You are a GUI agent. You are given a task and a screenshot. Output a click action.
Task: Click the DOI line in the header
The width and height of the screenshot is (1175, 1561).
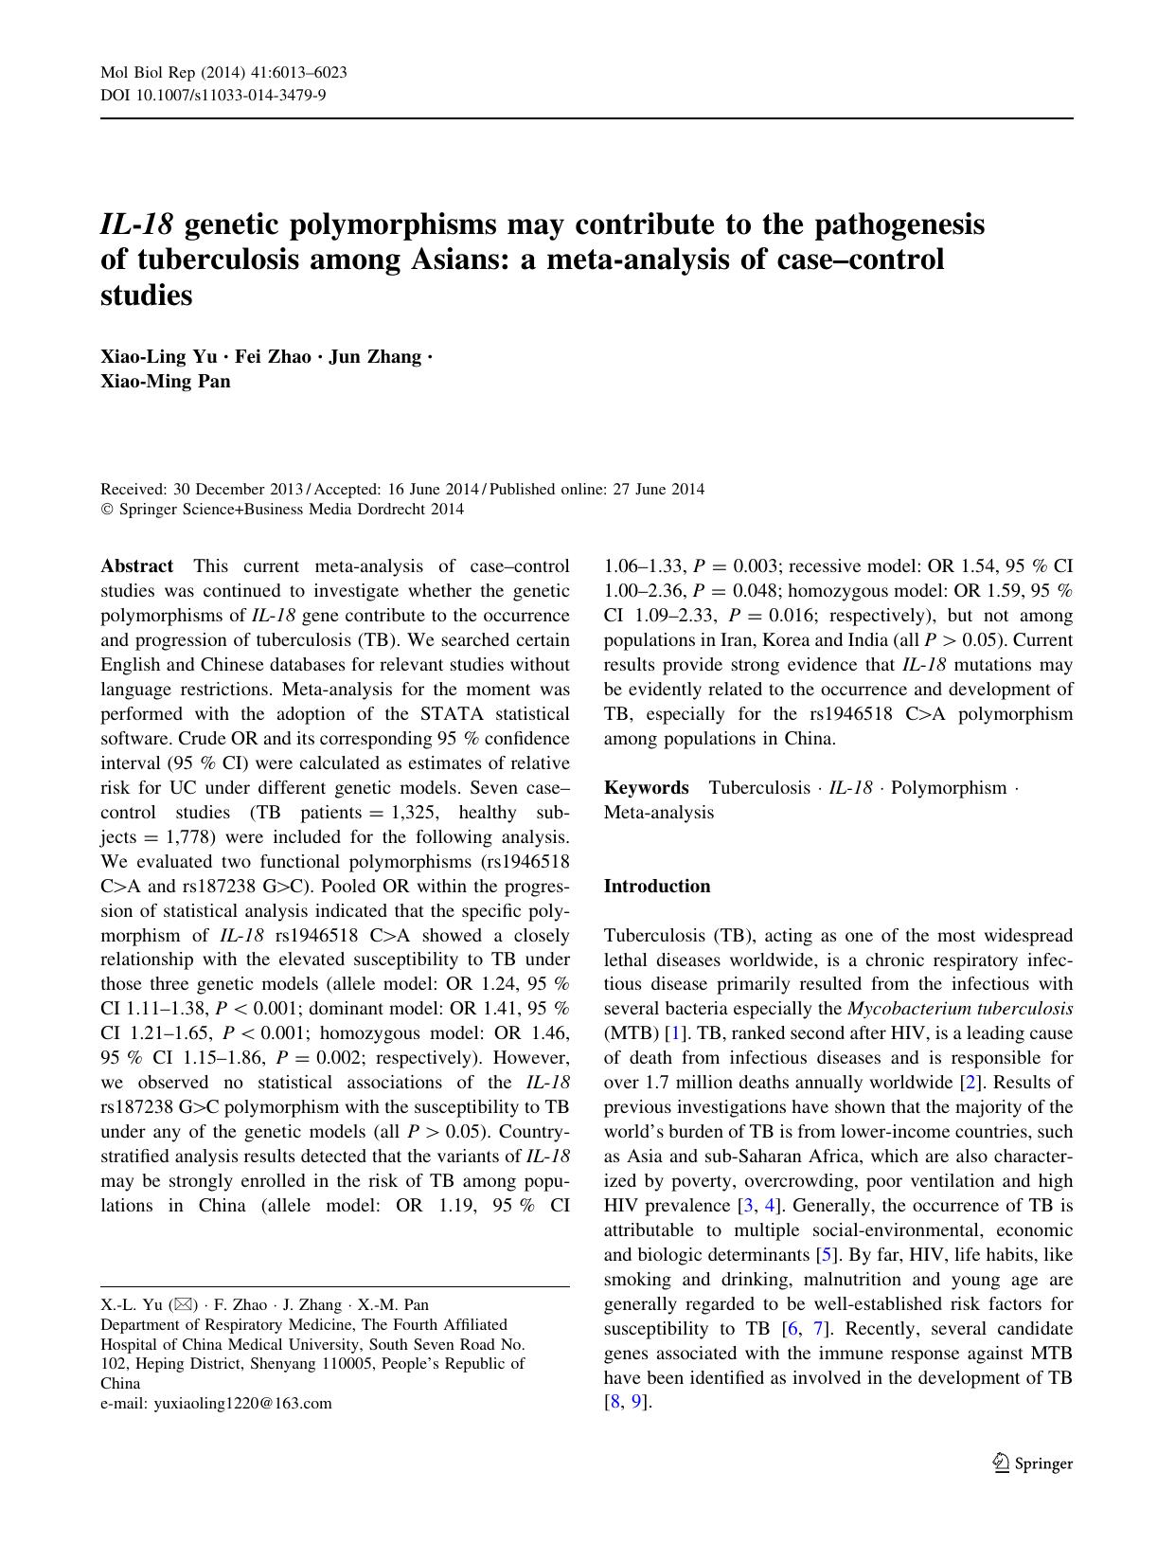click(x=213, y=95)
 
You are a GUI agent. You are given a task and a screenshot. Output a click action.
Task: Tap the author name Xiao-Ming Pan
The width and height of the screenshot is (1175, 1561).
click(x=165, y=382)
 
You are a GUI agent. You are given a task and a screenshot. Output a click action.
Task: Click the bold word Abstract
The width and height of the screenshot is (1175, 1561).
click(x=137, y=566)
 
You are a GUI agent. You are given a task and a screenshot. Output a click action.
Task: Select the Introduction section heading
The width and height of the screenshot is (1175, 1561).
click(x=656, y=887)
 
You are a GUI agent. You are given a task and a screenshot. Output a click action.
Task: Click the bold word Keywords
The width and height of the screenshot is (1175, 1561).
click(x=647, y=788)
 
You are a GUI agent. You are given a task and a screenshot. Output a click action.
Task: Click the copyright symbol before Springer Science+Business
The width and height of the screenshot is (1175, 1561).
click(x=106, y=510)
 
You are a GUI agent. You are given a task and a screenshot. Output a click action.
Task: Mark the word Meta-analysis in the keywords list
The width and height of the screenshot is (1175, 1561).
click(x=659, y=813)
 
